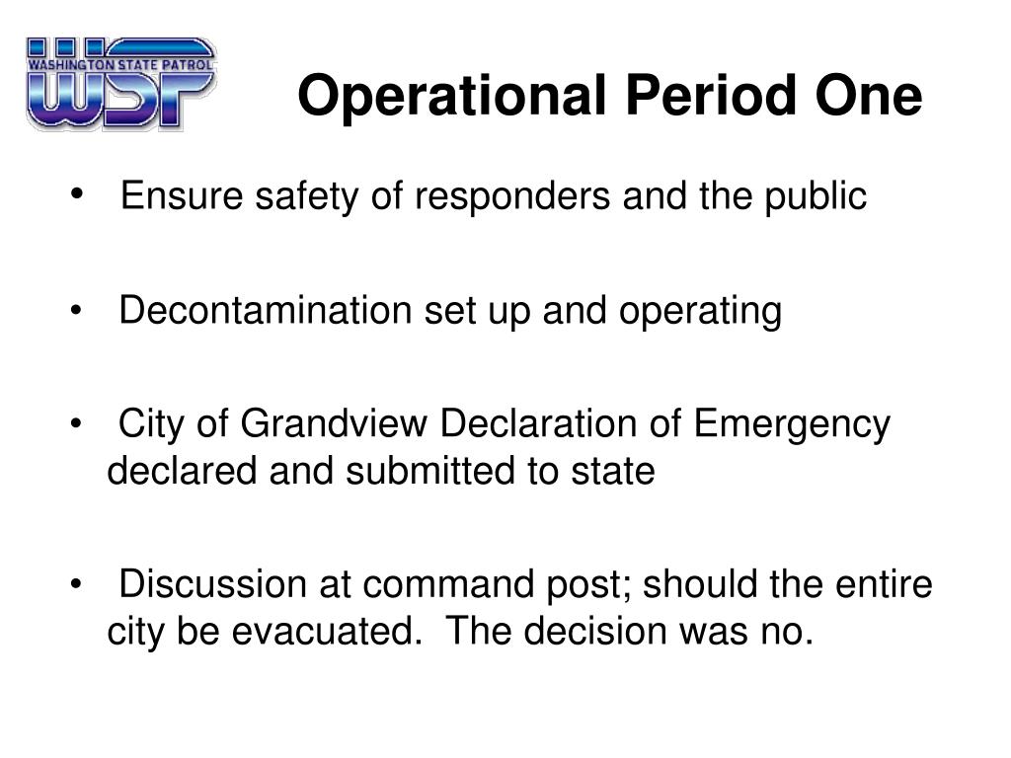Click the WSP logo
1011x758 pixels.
(120, 84)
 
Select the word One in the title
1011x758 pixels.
(869, 96)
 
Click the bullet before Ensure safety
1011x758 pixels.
(77, 193)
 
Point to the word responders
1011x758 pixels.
(512, 196)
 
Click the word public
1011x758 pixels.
(816, 196)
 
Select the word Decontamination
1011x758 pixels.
(265, 310)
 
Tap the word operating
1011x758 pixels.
(700, 312)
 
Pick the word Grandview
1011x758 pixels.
(334, 424)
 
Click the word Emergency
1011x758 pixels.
(793, 426)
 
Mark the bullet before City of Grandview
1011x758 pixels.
(77, 423)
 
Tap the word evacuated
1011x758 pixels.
(327, 631)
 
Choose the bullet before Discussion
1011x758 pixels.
(77, 584)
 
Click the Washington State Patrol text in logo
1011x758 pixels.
(120, 64)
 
